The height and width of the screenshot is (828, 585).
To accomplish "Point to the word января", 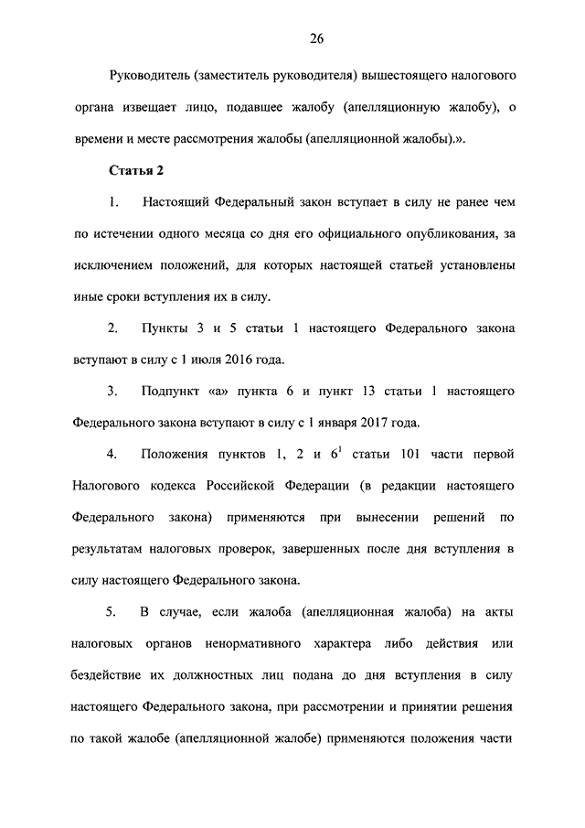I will [x=329, y=423].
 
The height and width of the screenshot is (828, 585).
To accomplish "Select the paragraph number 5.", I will [x=112, y=612].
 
